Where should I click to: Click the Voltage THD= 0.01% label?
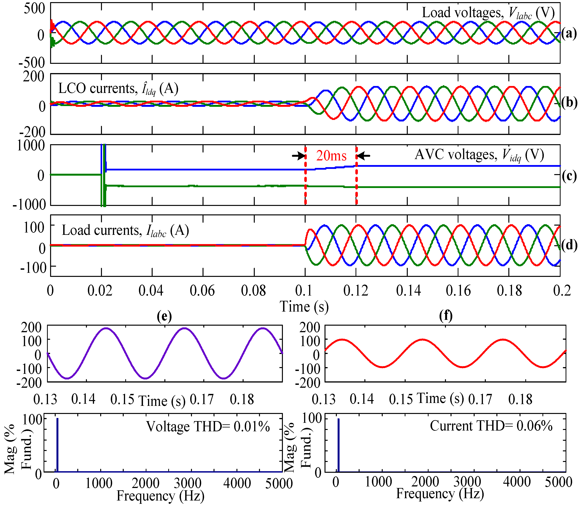pyautogui.click(x=208, y=427)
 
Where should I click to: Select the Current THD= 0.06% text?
pyautogui.click(x=491, y=426)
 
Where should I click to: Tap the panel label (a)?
pyautogui.click(x=569, y=34)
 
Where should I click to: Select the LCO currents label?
pyautogui.click(x=118, y=89)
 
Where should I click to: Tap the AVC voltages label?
pyautogui.click(x=479, y=155)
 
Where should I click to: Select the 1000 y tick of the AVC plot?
pyautogui.click(x=31, y=146)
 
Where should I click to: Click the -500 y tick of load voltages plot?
pyautogui.click(x=32, y=62)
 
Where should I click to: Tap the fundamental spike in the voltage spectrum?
pyautogui.click(x=57, y=445)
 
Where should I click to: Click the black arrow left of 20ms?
pyautogui.click(x=298, y=156)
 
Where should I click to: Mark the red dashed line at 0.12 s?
pyautogui.click(x=357, y=182)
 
